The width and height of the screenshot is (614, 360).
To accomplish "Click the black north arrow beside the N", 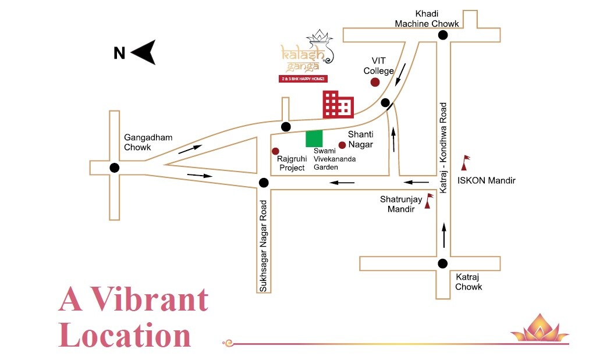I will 144,52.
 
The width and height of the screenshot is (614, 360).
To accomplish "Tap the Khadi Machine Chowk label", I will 427,19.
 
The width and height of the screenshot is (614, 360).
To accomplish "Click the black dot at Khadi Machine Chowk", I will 443,35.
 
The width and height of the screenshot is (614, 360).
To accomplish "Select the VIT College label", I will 379,65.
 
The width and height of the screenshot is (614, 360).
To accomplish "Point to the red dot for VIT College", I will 375,82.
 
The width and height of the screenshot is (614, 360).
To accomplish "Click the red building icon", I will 338,105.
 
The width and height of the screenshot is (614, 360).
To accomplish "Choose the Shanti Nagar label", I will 360,140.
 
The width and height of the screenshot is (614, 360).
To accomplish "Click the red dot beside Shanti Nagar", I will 342,145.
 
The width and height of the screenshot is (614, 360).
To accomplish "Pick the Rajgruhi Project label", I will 291,163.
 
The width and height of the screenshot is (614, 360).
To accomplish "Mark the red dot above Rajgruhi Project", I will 275,151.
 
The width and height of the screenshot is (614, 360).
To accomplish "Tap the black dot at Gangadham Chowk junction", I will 114,168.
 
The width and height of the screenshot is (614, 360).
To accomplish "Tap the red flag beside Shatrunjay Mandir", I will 429,201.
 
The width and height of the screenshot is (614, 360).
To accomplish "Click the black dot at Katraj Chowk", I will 443,263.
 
